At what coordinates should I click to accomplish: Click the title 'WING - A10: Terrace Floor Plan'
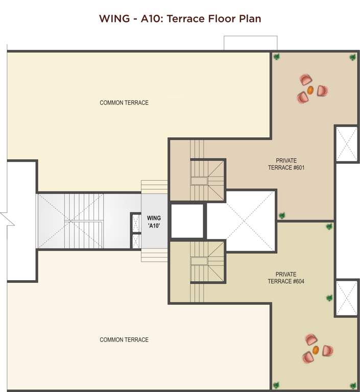click(180, 19)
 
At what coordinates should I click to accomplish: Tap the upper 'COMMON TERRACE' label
click(124, 103)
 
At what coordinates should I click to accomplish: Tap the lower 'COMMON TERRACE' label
click(124, 339)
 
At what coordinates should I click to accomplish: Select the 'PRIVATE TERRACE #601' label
click(286, 164)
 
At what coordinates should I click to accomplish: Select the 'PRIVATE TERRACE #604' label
click(286, 278)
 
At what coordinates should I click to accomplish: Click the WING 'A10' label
click(154, 222)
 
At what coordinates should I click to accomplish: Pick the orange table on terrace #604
click(316, 350)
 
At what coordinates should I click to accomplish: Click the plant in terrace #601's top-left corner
click(276, 57)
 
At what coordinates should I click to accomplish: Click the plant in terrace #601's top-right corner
click(352, 57)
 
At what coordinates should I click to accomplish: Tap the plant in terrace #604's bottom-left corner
click(276, 385)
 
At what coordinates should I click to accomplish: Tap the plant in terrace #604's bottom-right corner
click(352, 385)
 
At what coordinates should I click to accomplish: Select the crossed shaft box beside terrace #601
click(347, 143)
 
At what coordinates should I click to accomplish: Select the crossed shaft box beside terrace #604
click(347, 298)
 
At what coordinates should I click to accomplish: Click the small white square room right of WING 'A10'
click(187, 221)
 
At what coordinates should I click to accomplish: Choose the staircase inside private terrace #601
click(207, 179)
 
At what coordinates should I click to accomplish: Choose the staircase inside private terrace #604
click(207, 262)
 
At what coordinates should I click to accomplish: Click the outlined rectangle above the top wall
click(250, 43)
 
